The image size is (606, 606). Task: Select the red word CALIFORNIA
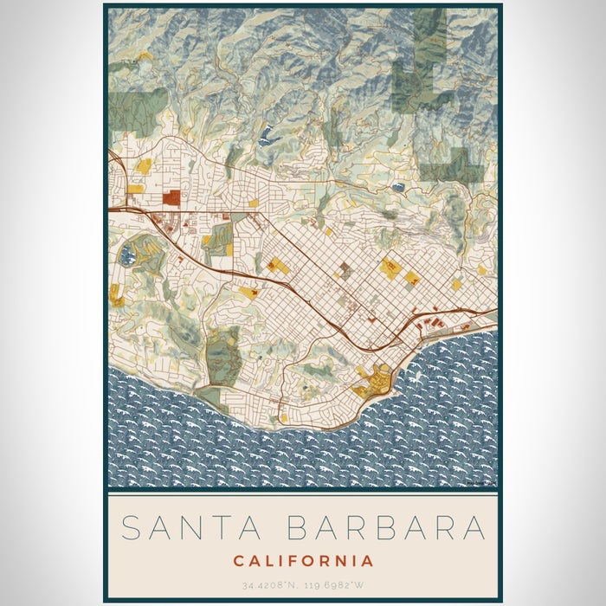303,561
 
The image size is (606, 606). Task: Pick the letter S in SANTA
130,527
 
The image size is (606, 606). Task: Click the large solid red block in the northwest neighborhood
171,197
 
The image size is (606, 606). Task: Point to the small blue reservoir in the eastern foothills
397,186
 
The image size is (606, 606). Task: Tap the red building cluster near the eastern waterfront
433,324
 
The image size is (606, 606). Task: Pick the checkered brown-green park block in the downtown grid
345,269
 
